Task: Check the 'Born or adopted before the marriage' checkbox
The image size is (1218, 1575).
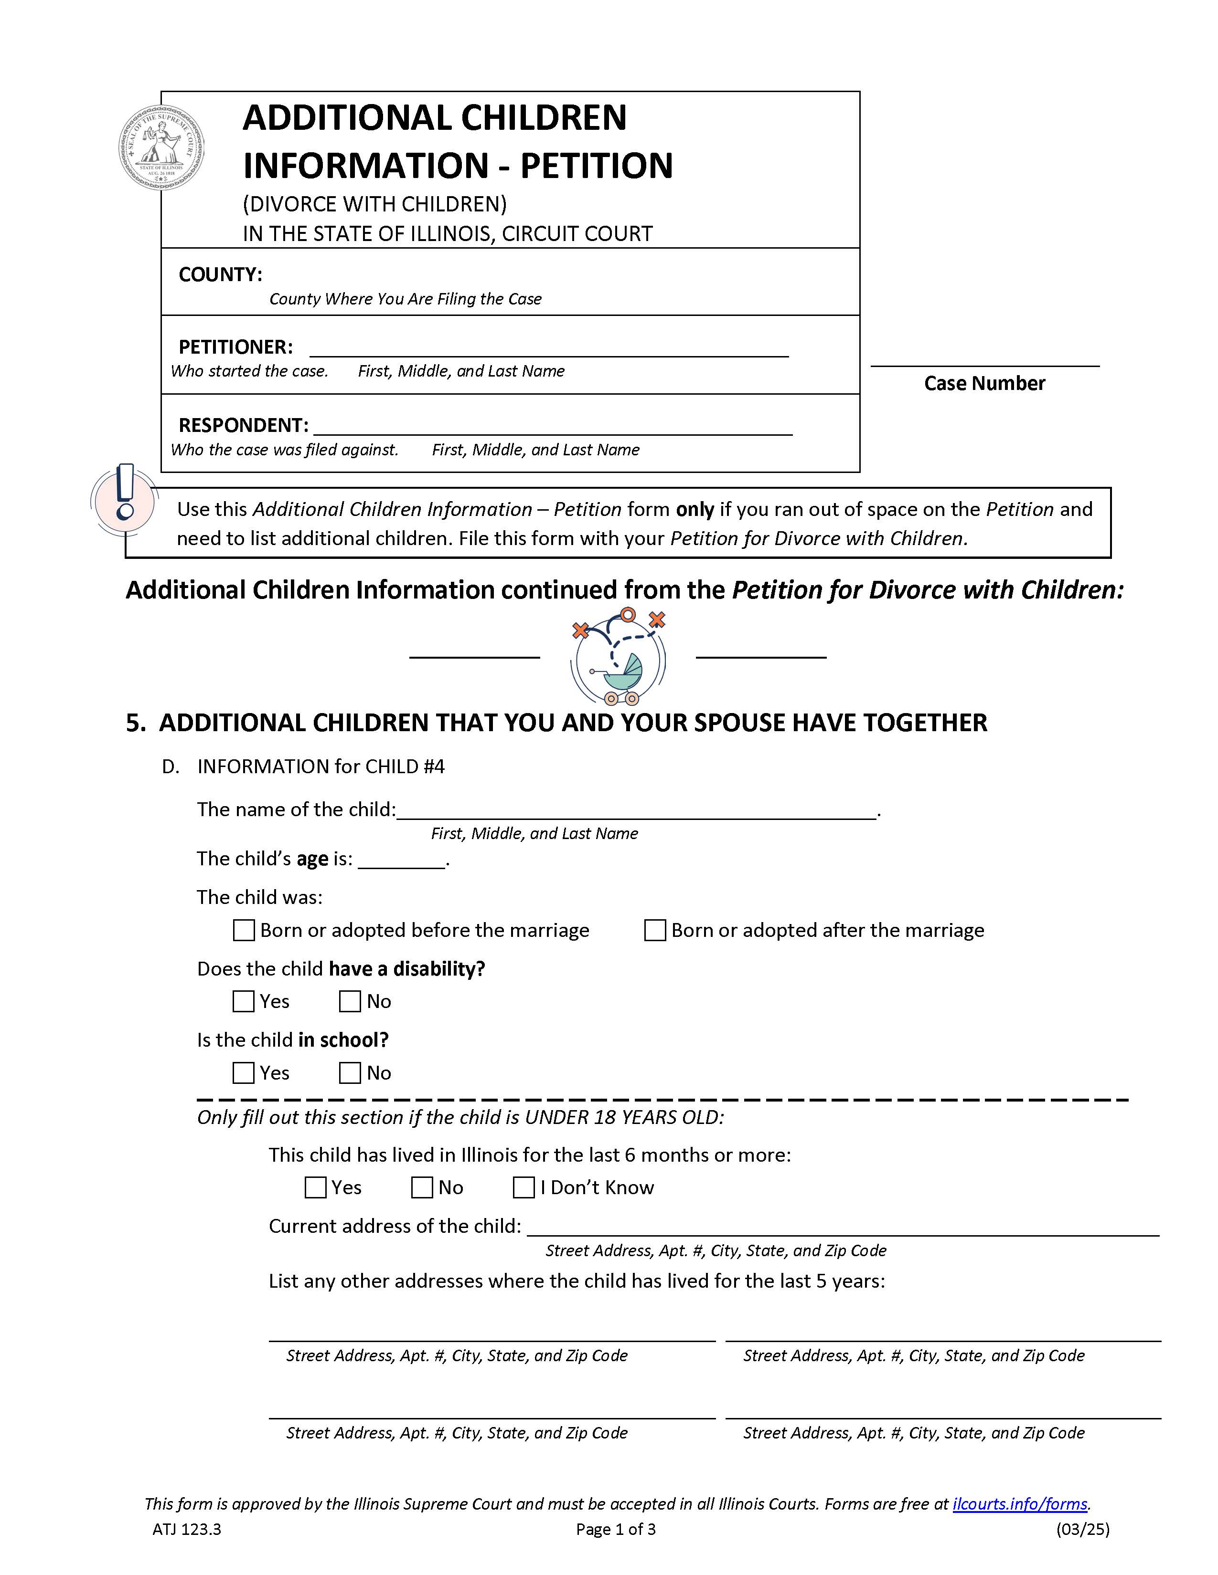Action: [244, 930]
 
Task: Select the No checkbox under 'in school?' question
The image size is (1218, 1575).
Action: [350, 1072]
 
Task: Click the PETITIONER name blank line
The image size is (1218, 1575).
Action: [548, 349]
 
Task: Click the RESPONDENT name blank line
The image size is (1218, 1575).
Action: [552, 428]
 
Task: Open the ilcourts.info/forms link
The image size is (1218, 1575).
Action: [1020, 1503]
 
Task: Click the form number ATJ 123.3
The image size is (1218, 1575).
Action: [187, 1529]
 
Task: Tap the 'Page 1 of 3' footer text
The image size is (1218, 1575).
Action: [616, 1529]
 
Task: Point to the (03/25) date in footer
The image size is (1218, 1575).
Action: [1082, 1529]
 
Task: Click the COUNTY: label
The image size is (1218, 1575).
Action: [220, 275]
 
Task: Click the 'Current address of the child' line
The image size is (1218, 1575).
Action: [842, 1228]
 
